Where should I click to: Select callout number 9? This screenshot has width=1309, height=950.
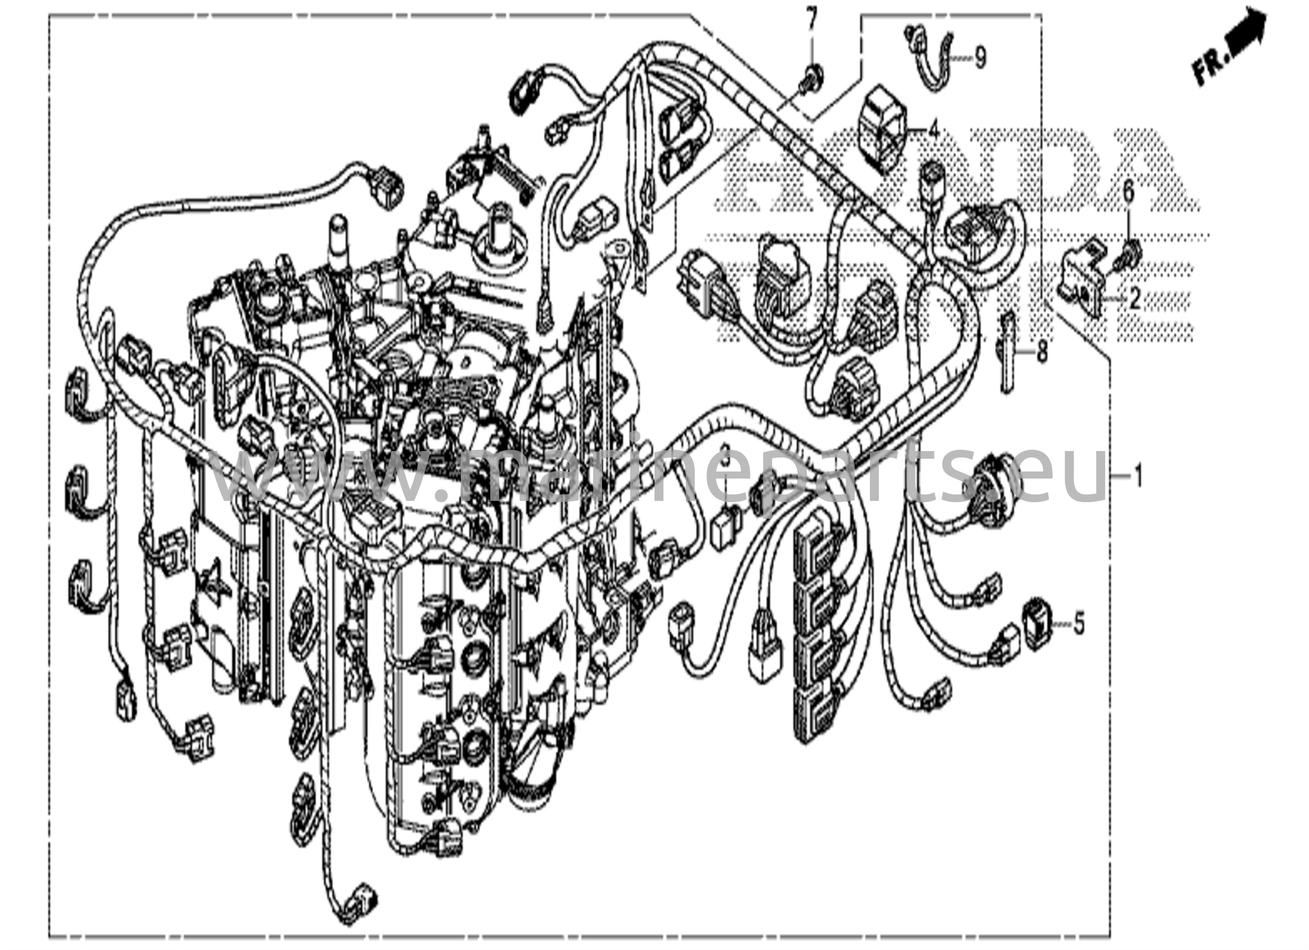point(980,58)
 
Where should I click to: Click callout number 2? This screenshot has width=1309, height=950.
point(1135,299)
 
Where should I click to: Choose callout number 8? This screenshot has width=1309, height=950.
point(1042,352)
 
